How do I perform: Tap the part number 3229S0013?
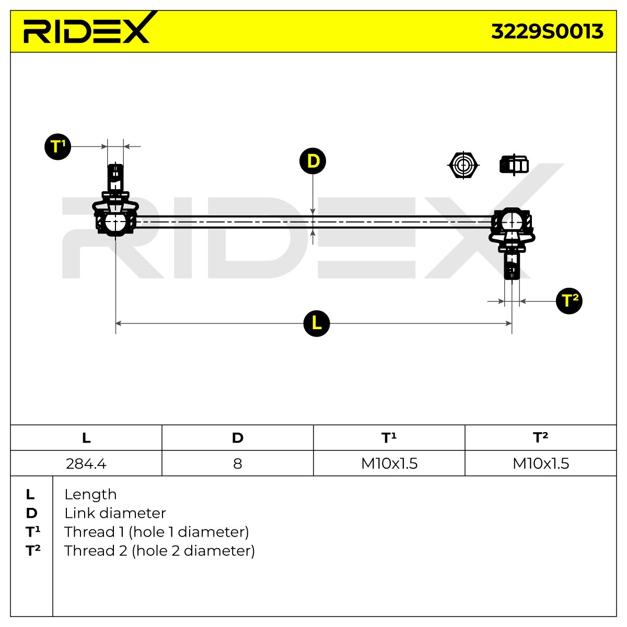click(547, 31)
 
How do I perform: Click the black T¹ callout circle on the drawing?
click(57, 146)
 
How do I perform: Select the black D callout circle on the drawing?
click(312, 161)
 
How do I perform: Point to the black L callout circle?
click(316, 323)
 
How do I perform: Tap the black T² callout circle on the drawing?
click(569, 300)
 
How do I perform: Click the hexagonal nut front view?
click(463, 165)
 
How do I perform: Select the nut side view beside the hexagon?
click(514, 165)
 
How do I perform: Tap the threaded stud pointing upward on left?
click(115, 178)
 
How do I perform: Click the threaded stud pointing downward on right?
click(512, 265)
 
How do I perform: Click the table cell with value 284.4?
click(86, 463)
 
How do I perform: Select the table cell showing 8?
click(238, 463)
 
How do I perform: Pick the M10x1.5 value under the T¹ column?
click(389, 463)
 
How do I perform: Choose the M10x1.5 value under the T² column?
click(541, 463)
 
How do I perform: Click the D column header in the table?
click(238, 438)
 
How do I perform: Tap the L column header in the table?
click(86, 438)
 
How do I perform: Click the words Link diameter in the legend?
click(115, 513)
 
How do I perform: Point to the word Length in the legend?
click(90, 495)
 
